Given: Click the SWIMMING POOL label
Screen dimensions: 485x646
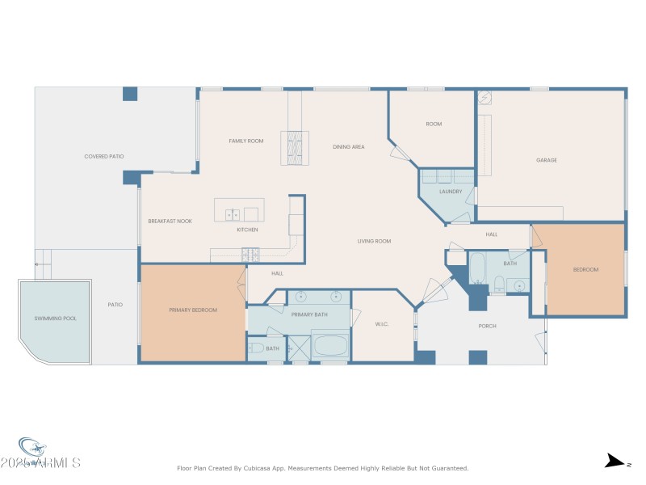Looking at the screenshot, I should tap(56, 318).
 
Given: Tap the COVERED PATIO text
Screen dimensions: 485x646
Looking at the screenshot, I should tap(104, 156).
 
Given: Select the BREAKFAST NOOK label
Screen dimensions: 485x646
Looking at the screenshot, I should tap(170, 221).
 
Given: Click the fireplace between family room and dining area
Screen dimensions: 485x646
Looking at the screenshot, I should tap(295, 148).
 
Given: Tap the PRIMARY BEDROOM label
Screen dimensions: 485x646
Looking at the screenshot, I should tap(193, 310).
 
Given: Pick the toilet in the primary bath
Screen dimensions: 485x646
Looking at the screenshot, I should tap(257, 348).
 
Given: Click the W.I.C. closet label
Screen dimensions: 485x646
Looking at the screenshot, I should tap(382, 325).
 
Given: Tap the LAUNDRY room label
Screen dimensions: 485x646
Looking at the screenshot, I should tap(450, 192).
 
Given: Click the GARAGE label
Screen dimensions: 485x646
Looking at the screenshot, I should tap(547, 160).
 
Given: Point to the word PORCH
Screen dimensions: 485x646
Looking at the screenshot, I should tap(487, 326).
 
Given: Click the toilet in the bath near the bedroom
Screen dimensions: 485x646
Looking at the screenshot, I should tap(500, 283).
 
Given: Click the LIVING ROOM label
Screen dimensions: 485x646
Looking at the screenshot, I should tap(375, 241).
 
